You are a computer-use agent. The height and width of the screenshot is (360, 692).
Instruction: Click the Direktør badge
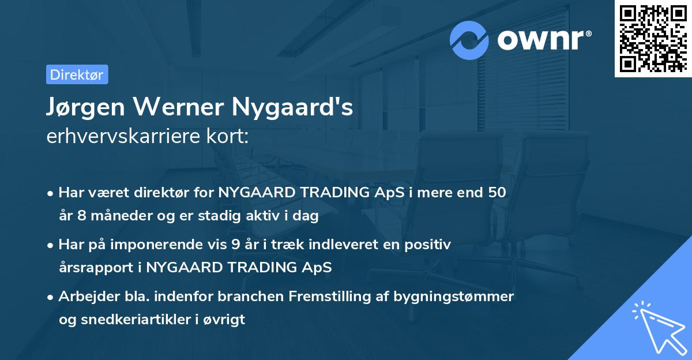[77, 74]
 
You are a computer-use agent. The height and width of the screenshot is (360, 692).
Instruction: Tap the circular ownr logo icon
[469, 40]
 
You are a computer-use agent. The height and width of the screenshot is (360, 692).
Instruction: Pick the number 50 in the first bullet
[497, 193]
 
